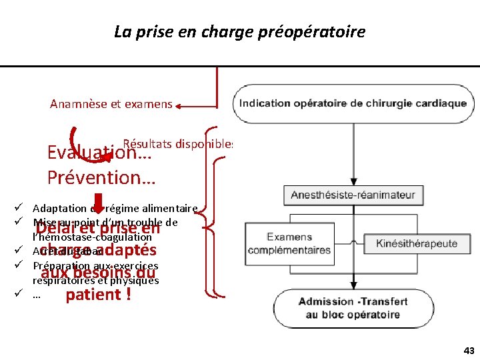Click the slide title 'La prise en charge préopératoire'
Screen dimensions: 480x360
coord(239,31)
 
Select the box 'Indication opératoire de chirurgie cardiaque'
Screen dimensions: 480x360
coord(353,103)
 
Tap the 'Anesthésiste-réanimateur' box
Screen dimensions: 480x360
coord(353,195)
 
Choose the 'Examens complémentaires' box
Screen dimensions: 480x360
coord(289,243)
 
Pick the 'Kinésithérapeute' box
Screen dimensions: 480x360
coord(417,243)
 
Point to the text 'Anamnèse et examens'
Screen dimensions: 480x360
coord(111,104)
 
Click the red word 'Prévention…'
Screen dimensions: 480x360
coord(101,178)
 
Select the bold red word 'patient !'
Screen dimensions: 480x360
coord(98,294)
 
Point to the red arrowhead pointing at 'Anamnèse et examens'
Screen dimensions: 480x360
coord(181,105)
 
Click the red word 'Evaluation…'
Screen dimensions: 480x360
coord(99,153)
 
